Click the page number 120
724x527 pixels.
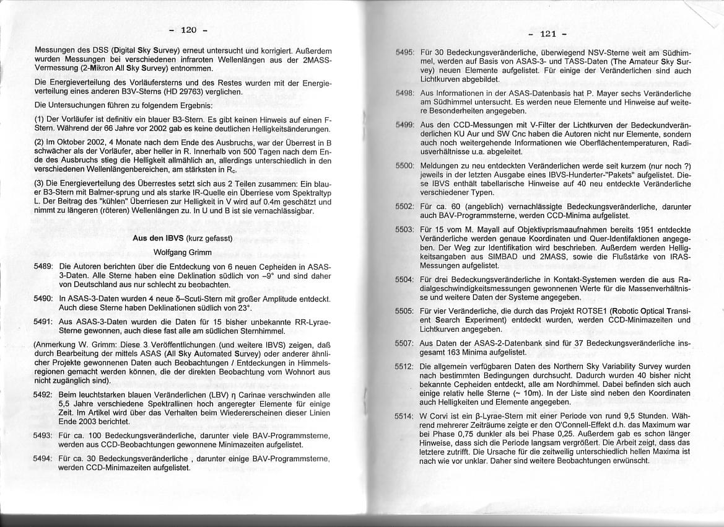point(188,29)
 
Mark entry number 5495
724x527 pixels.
point(404,53)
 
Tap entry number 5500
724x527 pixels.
point(404,167)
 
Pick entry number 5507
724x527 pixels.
point(404,343)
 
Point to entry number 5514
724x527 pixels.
point(404,415)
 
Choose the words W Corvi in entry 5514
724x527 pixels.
point(436,415)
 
